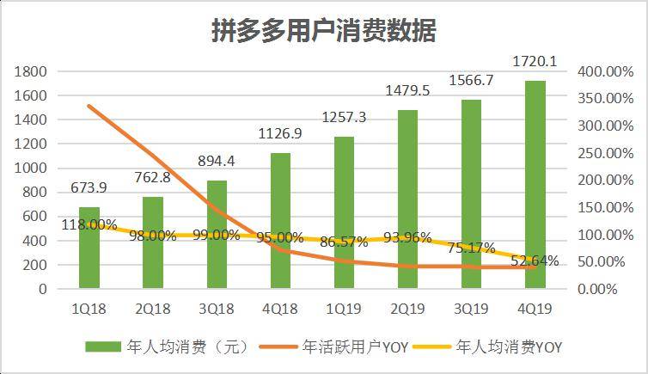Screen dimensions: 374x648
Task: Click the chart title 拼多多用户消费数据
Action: pyautogui.click(x=324, y=31)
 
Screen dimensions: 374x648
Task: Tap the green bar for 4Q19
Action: pyautogui.click(x=535, y=185)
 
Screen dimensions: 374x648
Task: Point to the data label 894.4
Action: pyautogui.click(x=217, y=162)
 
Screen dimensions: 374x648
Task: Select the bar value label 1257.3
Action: pyautogui.click(x=344, y=117)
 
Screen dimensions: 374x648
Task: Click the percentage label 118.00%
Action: pyautogui.click(x=89, y=225)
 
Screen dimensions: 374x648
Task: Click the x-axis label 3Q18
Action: pyautogui.click(x=217, y=308)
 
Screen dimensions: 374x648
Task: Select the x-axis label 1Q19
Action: pyautogui.click(x=344, y=308)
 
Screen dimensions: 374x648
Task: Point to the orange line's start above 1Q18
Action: pyautogui.click(x=89, y=106)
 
